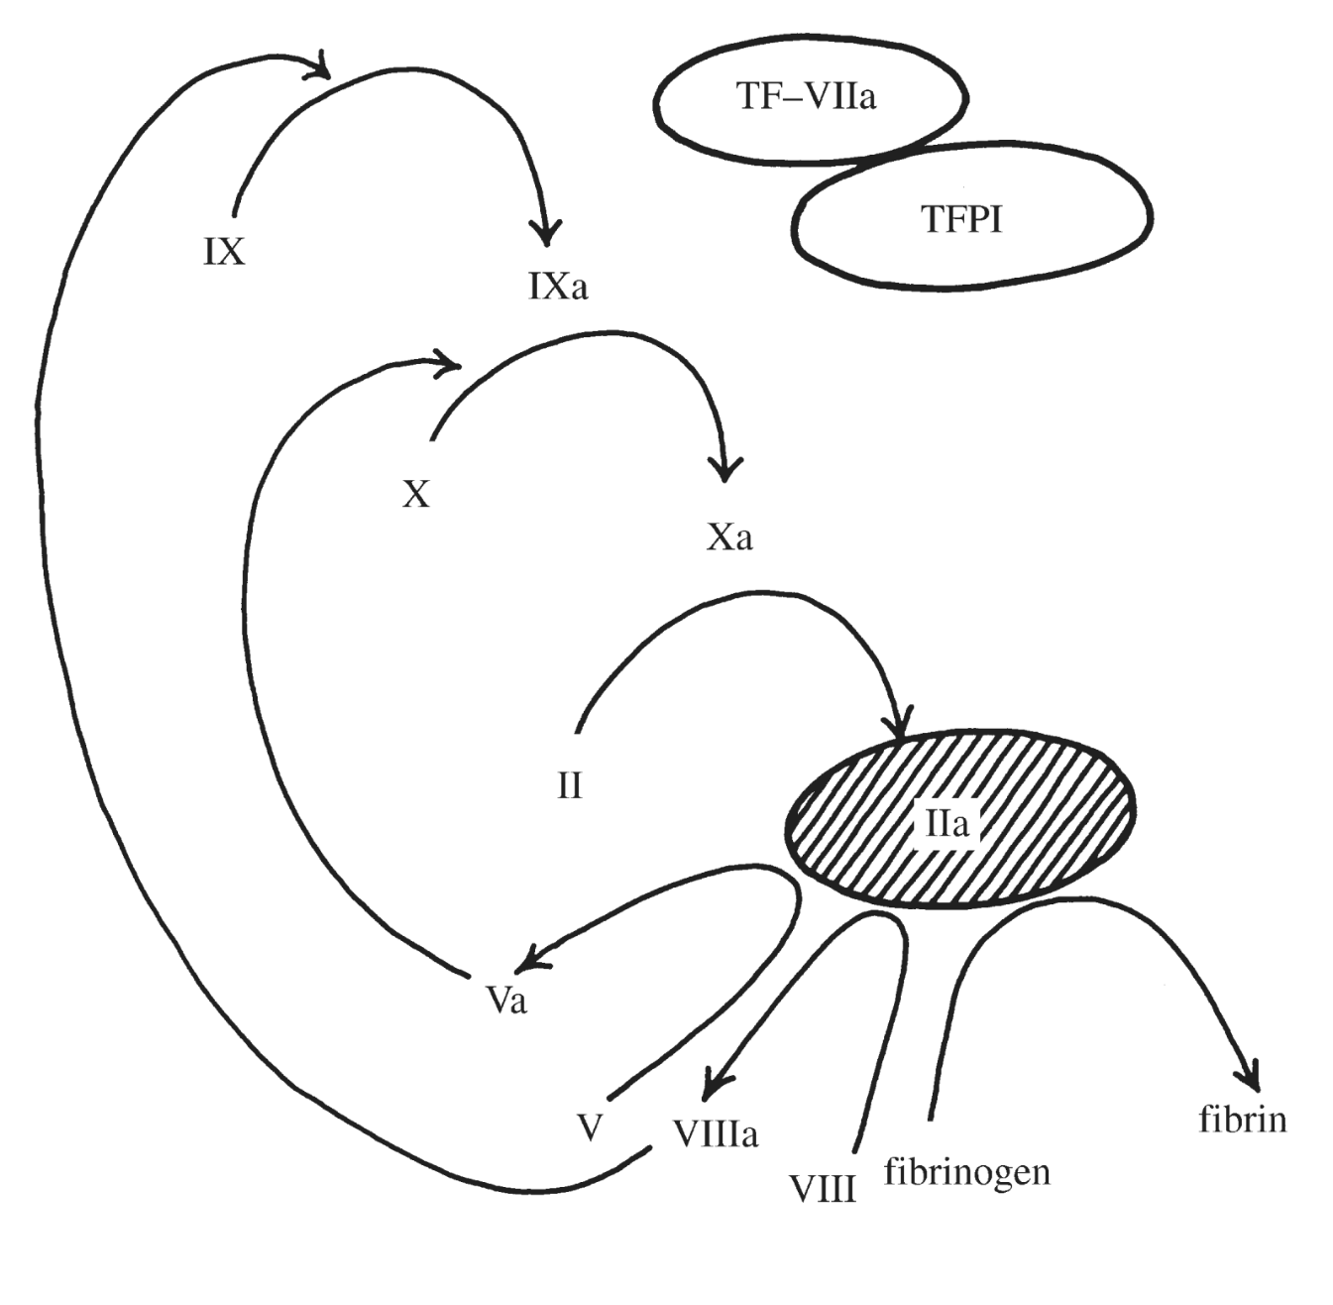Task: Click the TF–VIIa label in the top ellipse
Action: pyautogui.click(x=807, y=97)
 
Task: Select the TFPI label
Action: pyautogui.click(x=961, y=219)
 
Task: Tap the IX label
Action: pyautogui.click(x=224, y=253)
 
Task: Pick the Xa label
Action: pyautogui.click(x=730, y=537)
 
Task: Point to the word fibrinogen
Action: pyautogui.click(x=966, y=1172)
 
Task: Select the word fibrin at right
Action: pyautogui.click(x=1242, y=1120)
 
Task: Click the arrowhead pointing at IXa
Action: pyautogui.click(x=545, y=232)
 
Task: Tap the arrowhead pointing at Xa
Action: pyautogui.click(x=726, y=468)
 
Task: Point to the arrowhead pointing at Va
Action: pyautogui.click(x=532, y=955)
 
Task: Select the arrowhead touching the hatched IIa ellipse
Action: pyautogui.click(x=901, y=726)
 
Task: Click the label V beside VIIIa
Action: pyautogui.click(x=591, y=1128)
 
